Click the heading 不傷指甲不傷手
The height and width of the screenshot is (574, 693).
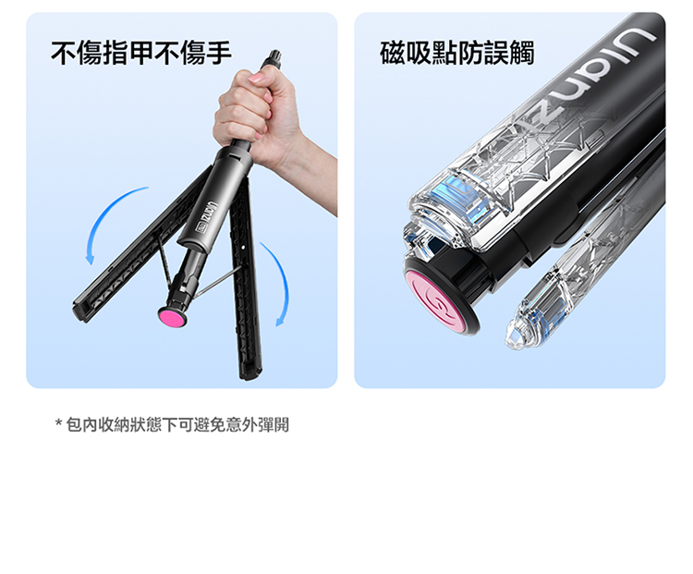coord(141,53)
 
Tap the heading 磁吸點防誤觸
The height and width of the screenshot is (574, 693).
coord(457,53)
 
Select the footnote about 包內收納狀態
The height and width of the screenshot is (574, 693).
coord(173,424)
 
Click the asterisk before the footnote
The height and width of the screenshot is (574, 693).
coord(59,422)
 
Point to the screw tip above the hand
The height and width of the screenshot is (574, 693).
coord(274,56)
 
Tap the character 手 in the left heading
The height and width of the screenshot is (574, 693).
coord(219,53)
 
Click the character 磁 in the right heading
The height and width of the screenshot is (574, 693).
coord(393,53)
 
